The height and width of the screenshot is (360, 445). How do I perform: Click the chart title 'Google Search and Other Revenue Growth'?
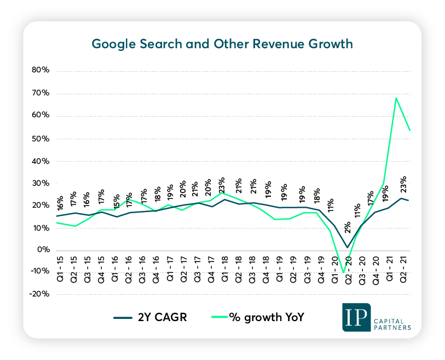point(222,44)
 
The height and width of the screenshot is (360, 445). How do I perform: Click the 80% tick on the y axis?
point(42,71)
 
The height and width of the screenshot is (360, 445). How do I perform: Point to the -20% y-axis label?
point(40,294)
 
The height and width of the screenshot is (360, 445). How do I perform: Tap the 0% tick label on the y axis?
point(44,250)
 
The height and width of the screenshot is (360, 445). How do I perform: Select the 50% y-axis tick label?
point(42,138)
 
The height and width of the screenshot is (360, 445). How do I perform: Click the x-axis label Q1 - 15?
point(60,265)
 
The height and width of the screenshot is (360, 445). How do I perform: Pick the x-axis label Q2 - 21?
point(404,265)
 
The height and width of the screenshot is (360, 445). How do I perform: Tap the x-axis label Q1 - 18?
point(224,265)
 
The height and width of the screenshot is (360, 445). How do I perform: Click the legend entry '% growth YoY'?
point(258,318)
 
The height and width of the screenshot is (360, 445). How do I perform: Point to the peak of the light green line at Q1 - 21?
point(395,98)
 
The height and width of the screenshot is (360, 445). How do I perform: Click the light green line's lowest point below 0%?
point(343,272)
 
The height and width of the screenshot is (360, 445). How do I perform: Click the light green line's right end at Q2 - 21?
point(410,130)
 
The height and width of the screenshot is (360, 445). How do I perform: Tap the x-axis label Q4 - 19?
point(321,265)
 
